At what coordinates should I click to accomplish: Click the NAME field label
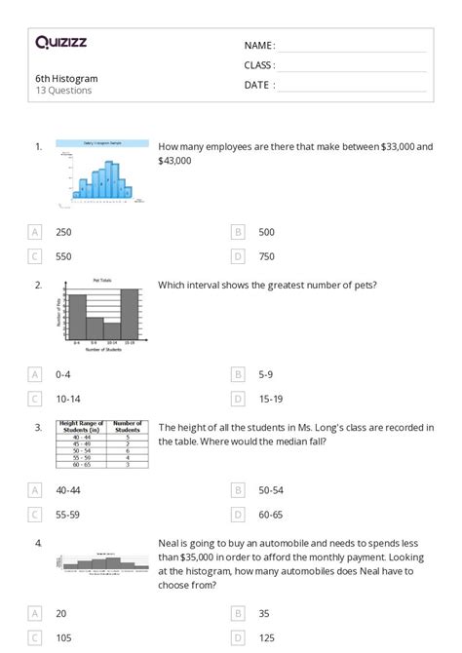(259, 45)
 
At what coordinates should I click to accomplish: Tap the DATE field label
(259, 85)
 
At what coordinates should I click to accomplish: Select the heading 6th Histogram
(66, 78)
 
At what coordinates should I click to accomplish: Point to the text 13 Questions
(63, 91)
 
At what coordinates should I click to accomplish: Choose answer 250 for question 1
(63, 232)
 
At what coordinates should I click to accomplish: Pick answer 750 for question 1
(267, 256)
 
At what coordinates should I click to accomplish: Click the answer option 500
(267, 232)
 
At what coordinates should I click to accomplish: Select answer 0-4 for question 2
(63, 374)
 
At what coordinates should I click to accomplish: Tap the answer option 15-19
(270, 399)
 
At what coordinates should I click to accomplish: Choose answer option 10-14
(67, 399)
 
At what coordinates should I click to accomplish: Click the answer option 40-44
(68, 490)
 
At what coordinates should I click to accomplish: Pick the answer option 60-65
(271, 515)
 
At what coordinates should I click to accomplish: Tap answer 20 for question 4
(61, 613)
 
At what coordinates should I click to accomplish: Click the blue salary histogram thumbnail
(102, 173)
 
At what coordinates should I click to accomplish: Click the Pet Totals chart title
(102, 281)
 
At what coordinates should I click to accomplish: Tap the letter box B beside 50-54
(238, 490)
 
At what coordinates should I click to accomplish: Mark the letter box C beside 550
(35, 256)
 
